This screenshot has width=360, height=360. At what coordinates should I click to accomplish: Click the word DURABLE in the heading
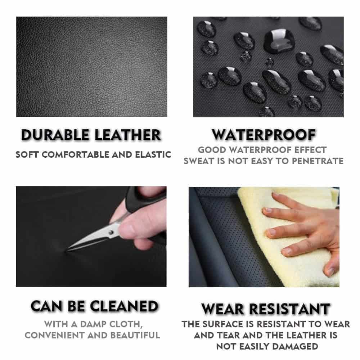point(55,135)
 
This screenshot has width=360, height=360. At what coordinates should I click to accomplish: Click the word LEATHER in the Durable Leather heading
point(128,135)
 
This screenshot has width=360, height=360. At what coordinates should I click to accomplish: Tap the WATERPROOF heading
point(264,135)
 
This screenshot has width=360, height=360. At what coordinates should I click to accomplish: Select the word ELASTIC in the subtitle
point(153,154)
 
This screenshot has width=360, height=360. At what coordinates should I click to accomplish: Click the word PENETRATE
point(318,161)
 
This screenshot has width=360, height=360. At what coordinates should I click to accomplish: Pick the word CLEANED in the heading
point(124,306)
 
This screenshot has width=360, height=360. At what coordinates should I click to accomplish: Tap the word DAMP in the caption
point(93,324)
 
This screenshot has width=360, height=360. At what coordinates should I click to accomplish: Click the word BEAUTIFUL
point(135,336)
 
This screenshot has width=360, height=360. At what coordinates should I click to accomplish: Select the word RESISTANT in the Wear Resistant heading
point(290,309)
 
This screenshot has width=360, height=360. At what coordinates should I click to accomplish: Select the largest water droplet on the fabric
point(279,41)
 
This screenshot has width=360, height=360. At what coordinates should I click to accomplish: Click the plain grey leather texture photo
point(91,67)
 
